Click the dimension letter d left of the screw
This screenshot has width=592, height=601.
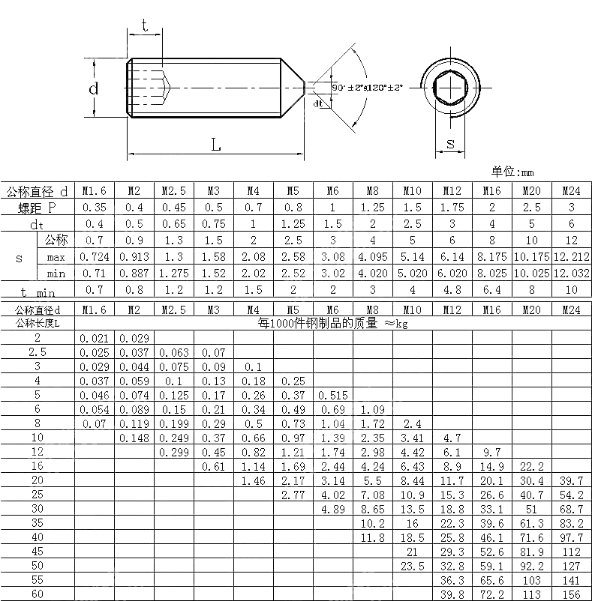tap(94, 88)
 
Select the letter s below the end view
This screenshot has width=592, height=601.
tap(450, 143)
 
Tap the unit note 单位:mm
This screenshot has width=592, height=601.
tap(512, 172)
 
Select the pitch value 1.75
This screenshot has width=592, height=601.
tap(452, 208)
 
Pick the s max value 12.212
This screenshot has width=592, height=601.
tap(572, 257)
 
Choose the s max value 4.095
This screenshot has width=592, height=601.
tap(372, 257)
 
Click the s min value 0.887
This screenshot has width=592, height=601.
tap(134, 274)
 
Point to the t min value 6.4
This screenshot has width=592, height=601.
tap(491, 290)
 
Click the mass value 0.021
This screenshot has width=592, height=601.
tap(94, 339)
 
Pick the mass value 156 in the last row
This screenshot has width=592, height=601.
tap(572, 594)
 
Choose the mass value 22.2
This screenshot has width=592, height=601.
tap(531, 466)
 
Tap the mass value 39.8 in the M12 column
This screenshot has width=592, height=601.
tap(452, 594)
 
